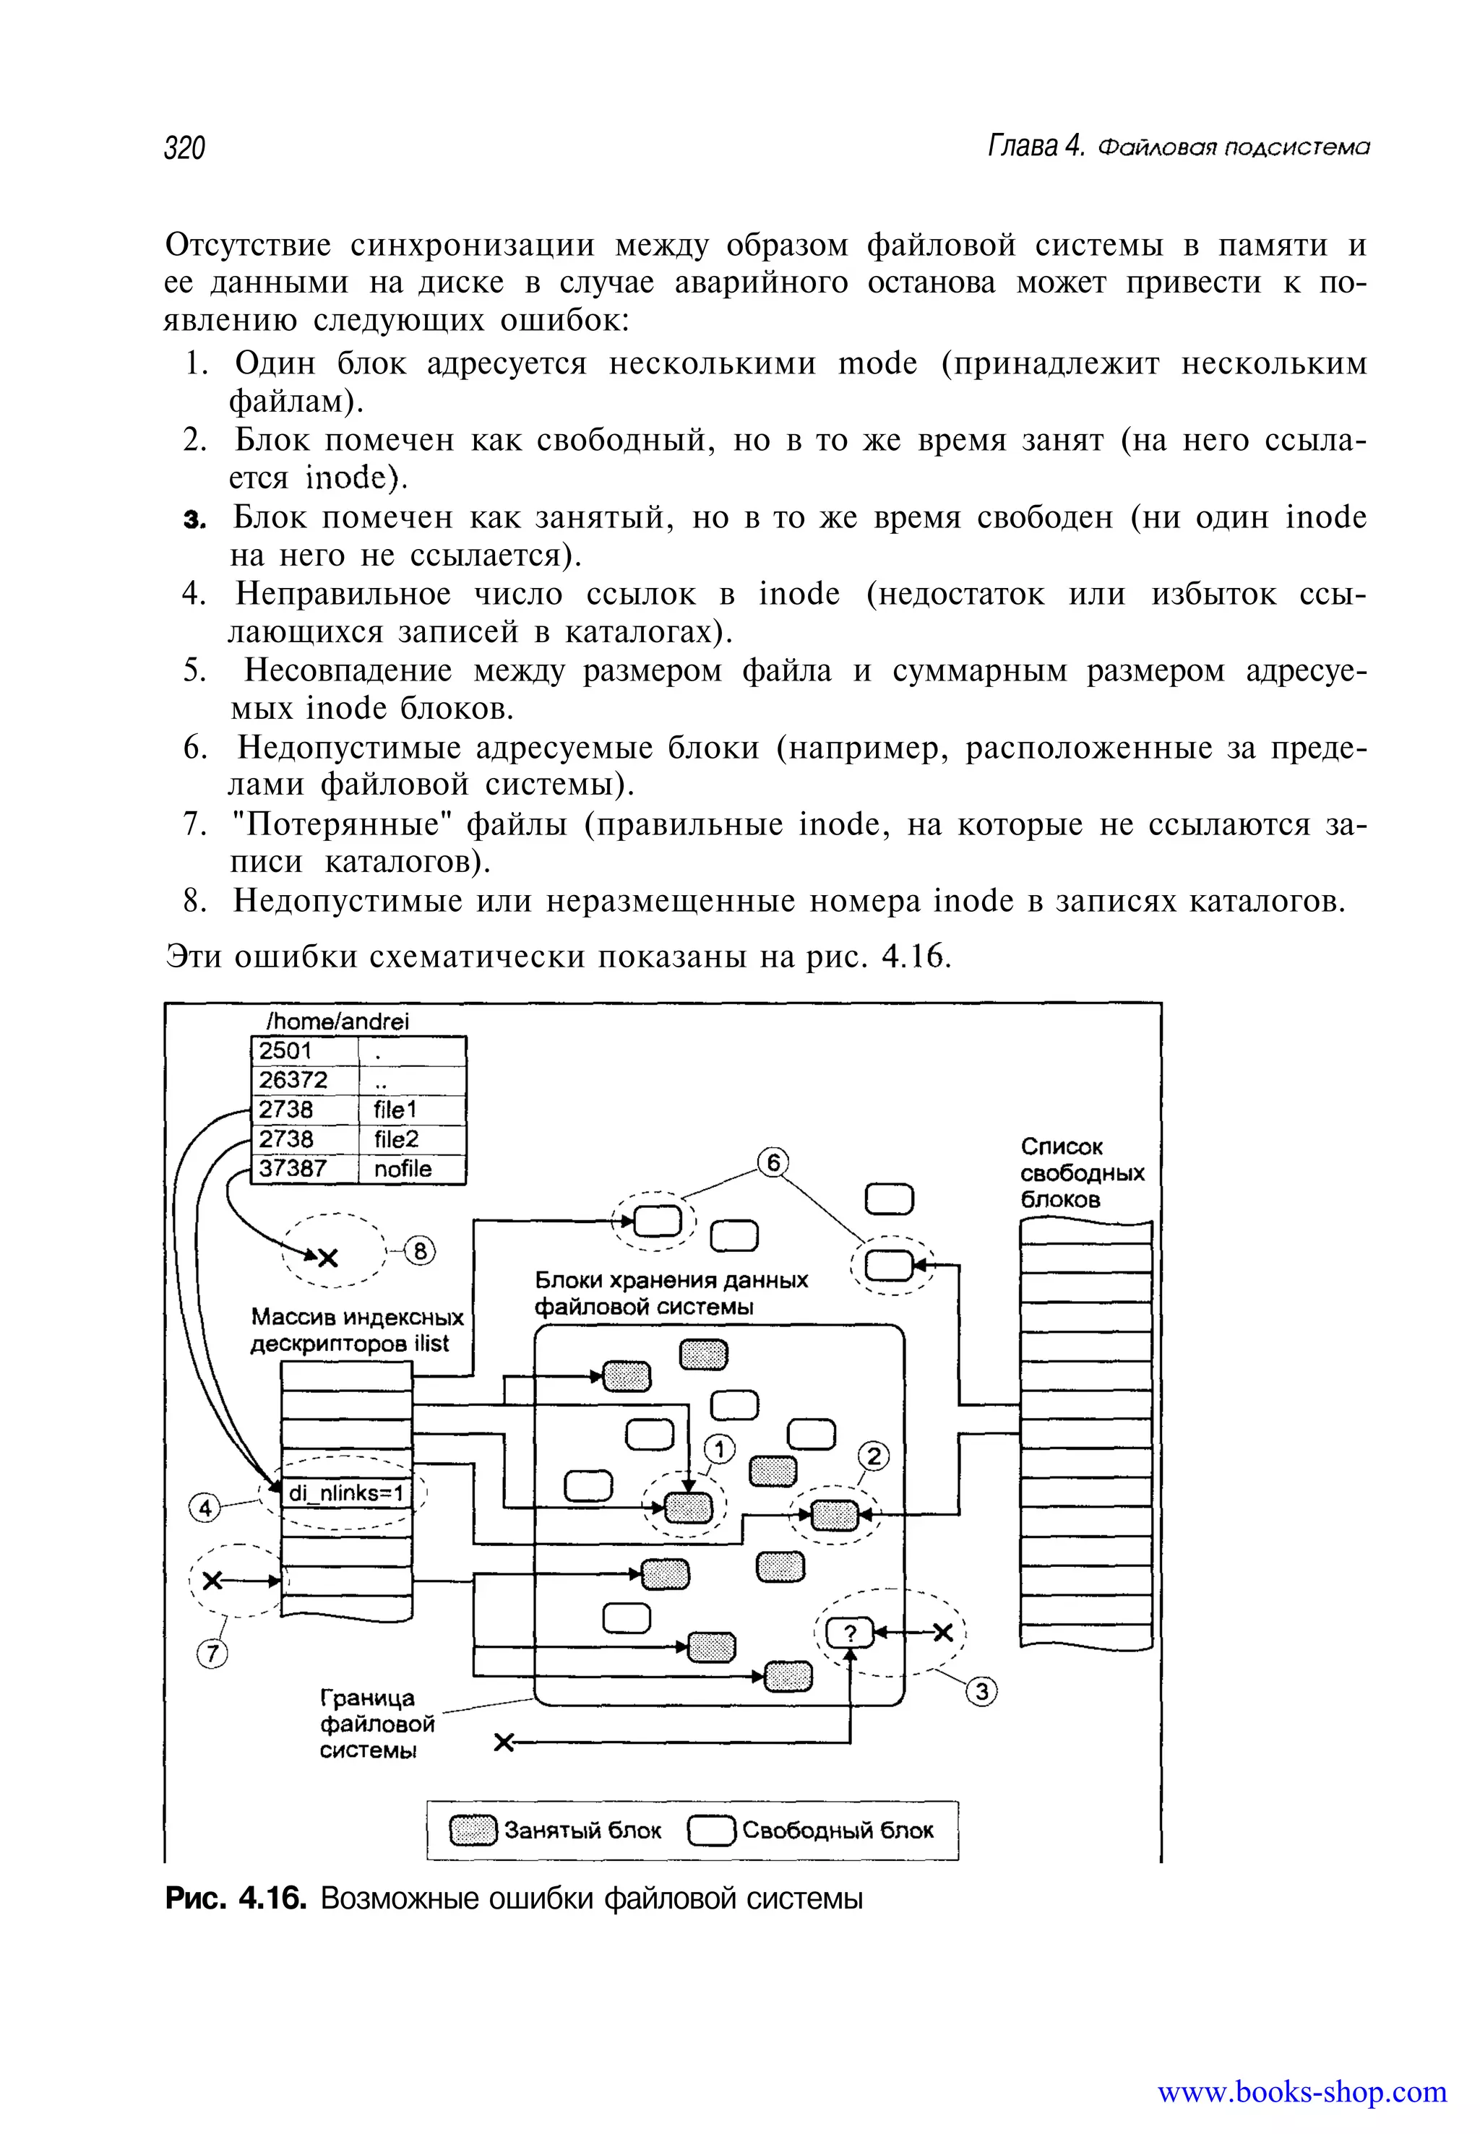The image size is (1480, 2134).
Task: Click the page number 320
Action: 184,147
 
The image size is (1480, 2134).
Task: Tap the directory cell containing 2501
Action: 304,1051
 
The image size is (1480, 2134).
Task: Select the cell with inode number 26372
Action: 304,1080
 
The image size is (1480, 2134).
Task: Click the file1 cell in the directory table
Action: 412,1110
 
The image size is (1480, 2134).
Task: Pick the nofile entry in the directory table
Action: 412,1169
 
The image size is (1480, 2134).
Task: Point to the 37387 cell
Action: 304,1169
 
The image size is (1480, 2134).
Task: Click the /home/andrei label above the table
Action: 337,1021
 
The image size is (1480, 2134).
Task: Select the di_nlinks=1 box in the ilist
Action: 346,1492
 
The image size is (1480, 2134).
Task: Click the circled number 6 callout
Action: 773,1162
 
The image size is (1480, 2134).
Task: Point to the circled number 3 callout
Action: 981,1693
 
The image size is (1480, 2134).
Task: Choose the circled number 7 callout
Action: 212,1653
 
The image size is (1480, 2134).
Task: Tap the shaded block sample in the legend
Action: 473,1831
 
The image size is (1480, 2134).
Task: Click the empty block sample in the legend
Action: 711,1831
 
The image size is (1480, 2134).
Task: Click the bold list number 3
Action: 193,520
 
